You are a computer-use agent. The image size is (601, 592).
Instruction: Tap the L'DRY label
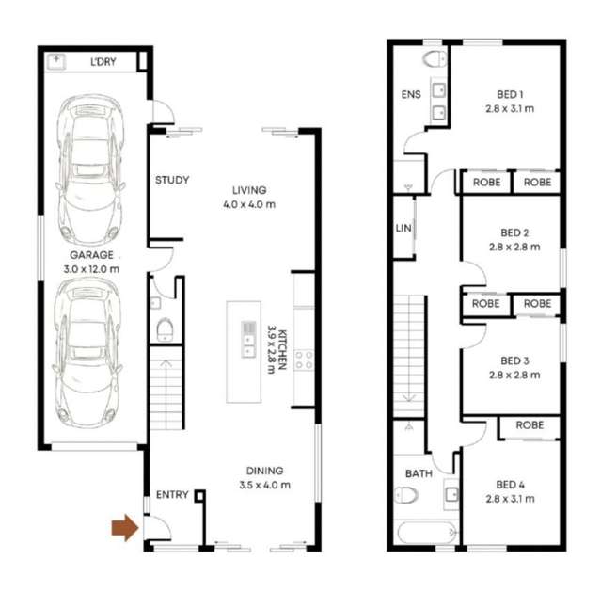coord(103,63)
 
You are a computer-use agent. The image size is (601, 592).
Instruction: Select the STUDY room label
coord(172,180)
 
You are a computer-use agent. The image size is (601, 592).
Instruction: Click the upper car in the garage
coord(89,169)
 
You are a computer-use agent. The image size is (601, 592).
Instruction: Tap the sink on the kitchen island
coord(248,339)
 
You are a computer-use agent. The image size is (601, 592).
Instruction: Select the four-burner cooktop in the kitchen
coord(304,360)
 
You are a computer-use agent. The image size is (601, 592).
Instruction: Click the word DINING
coord(264,471)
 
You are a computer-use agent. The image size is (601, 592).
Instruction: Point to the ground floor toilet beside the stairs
coord(165,328)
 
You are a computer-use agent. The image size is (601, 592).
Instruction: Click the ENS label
coord(411,94)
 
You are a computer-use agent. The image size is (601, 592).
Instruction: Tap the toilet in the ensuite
coord(435,59)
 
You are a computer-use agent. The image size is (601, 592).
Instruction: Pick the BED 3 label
coord(514,360)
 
